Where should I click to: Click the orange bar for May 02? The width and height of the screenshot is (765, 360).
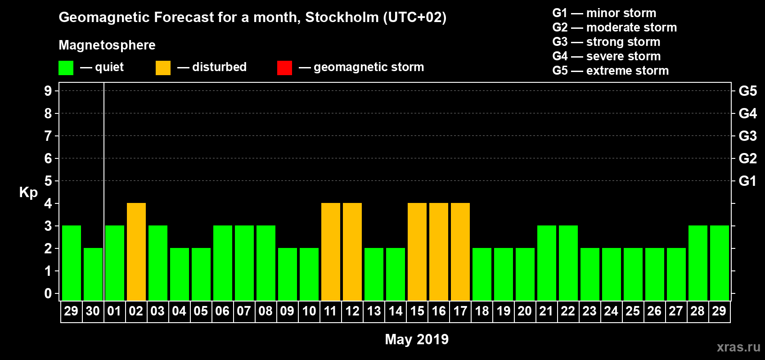(136, 252)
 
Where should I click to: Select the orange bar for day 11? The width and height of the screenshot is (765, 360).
(331, 252)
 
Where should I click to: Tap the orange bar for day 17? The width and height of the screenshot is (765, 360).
(460, 252)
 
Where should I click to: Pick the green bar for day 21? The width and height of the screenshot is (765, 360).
(547, 263)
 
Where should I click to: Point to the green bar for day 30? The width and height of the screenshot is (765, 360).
(93, 274)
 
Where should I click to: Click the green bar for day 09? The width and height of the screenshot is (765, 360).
(288, 274)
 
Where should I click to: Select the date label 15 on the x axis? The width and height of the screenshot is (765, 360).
(417, 311)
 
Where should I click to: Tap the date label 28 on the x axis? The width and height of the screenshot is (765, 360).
(697, 311)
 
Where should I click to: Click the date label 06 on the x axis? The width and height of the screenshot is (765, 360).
(222, 311)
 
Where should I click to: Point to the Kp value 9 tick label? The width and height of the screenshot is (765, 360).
(48, 91)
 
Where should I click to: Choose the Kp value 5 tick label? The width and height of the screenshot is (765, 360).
(48, 181)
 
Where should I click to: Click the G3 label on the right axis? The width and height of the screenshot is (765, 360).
(747, 136)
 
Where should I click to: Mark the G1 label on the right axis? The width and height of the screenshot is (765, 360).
(747, 181)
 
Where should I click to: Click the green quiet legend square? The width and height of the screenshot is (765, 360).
(66, 68)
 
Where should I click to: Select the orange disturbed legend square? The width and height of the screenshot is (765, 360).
(163, 68)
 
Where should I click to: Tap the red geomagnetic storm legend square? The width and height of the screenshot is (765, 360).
(284, 68)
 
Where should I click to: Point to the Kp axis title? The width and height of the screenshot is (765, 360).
(28, 192)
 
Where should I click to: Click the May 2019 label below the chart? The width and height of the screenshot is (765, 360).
(417, 339)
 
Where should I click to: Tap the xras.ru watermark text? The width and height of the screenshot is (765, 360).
(738, 347)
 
